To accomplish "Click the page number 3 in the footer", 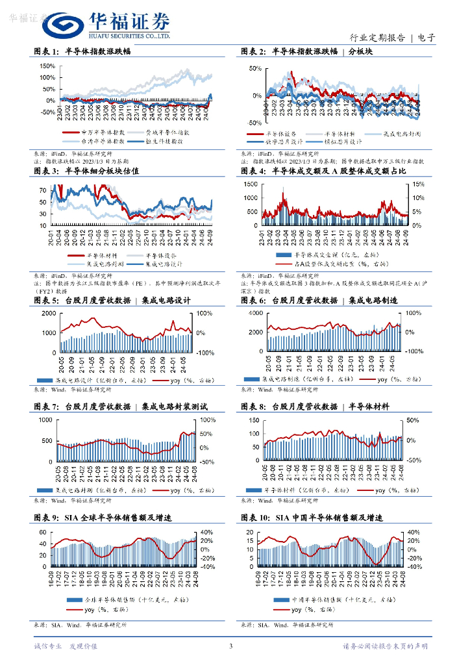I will click(230, 646).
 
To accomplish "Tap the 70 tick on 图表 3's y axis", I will click(43, 190).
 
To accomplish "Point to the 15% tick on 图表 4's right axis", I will click(419, 184).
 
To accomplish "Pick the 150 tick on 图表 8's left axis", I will click(252, 420).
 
